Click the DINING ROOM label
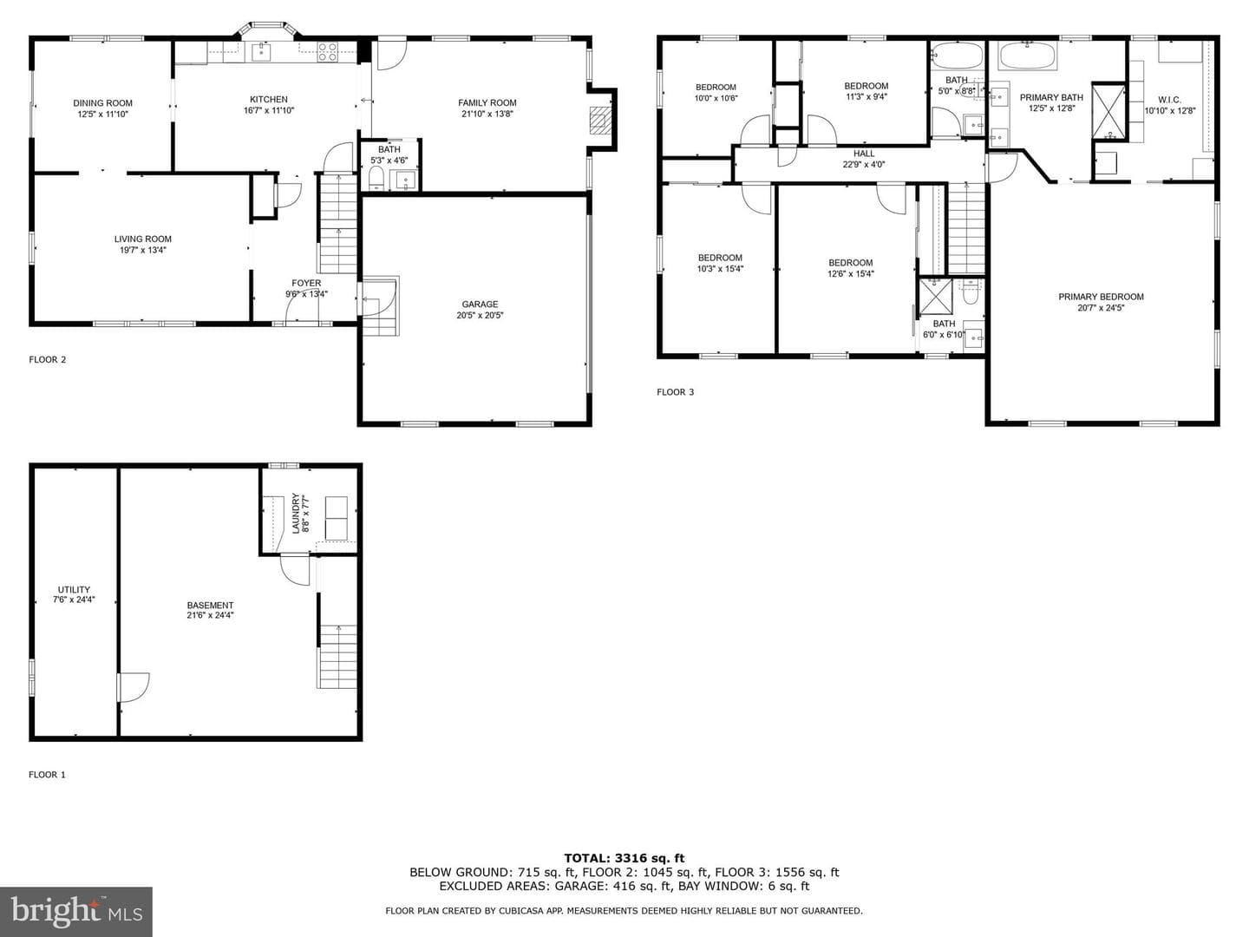click(x=103, y=103)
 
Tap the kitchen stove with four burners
click(x=327, y=52)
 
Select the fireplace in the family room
click(x=599, y=120)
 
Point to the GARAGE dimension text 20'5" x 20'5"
click(x=480, y=315)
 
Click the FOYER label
click(x=306, y=284)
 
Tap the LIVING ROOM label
click(x=143, y=239)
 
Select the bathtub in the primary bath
click(x=1028, y=56)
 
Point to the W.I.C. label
click(x=1169, y=100)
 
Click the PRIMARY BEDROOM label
click(x=1101, y=297)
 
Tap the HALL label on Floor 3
click(x=864, y=154)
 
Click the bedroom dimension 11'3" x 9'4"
click(x=866, y=96)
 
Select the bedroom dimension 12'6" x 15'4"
click(x=851, y=273)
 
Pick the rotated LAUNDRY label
click(x=296, y=513)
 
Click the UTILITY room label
click(x=74, y=589)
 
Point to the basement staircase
click(x=338, y=656)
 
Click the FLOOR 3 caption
click(x=676, y=392)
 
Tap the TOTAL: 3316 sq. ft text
click(x=624, y=858)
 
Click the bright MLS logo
click(x=76, y=911)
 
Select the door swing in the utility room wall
click(x=134, y=687)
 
